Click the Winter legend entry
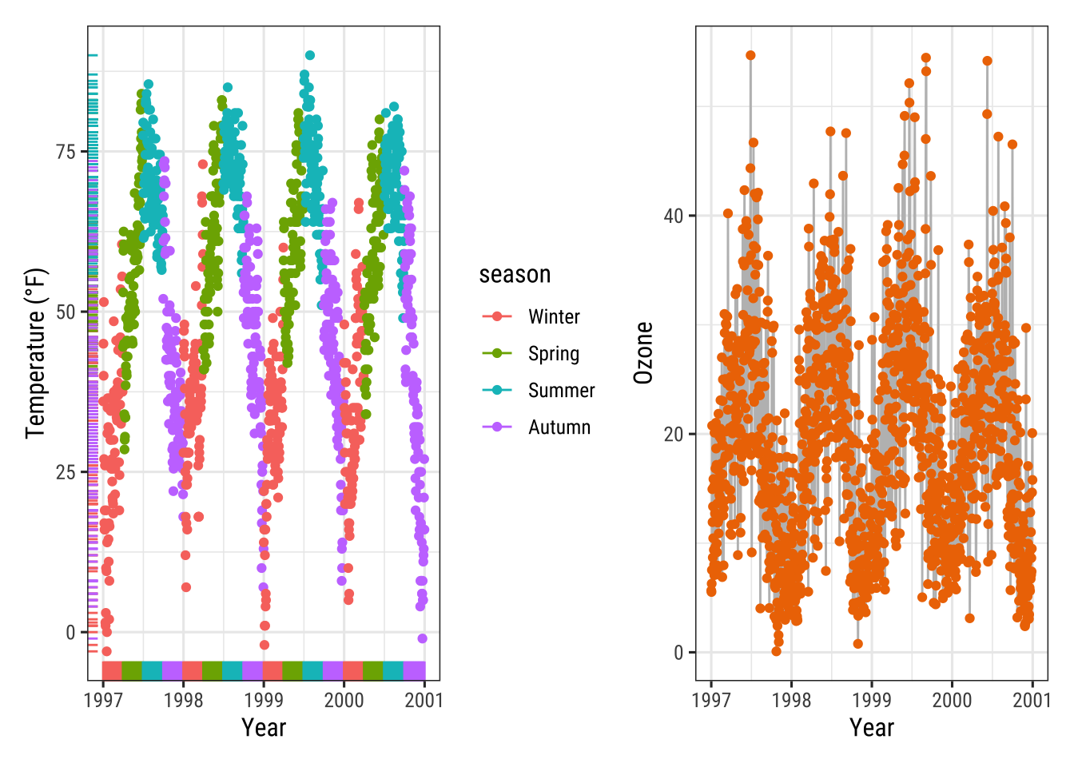554,317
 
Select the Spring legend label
554,354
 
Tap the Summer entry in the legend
561,391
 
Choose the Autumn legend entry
559,427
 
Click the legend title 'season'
515,274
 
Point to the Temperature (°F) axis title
36,353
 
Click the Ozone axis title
643,353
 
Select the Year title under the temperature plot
264,728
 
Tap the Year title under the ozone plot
872,728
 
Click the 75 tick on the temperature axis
66,152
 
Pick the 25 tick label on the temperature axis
66,472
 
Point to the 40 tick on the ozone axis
674,216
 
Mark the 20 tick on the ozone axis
674,434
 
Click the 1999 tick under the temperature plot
264,700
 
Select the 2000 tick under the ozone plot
952,700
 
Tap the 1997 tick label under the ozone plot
711,700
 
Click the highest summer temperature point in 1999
310,56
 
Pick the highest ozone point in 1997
750,56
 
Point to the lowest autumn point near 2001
423,638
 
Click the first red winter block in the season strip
112,670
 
